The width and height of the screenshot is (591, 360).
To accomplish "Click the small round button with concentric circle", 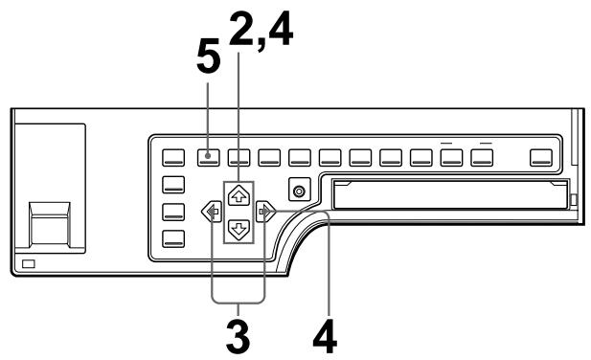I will (300, 191).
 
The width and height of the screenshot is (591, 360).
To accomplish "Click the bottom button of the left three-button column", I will (173, 238).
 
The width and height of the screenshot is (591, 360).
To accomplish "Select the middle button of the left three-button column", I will (173, 212).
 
